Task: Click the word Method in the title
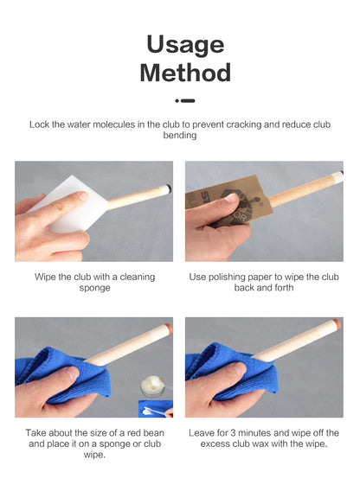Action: tap(185, 73)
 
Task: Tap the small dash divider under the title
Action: tap(185, 100)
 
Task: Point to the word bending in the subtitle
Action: tap(180, 135)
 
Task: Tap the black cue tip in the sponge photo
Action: tap(169, 188)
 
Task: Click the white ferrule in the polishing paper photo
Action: tap(335, 178)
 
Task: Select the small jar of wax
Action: tap(152, 386)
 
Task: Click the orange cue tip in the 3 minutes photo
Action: tap(336, 324)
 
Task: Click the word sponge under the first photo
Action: tap(94, 288)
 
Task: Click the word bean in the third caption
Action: tap(153, 433)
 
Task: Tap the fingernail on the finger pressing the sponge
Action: tap(83, 195)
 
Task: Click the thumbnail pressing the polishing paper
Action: tap(232, 198)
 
